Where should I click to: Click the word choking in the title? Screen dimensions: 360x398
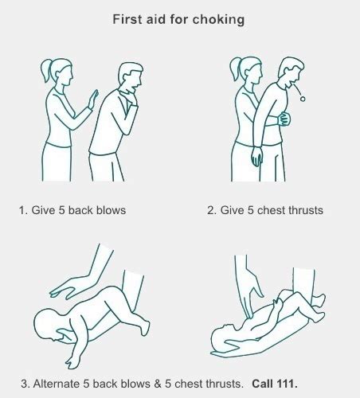pos(218,20)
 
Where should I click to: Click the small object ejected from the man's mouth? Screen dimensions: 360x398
pos(303,99)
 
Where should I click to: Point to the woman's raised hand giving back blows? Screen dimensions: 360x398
pos(93,99)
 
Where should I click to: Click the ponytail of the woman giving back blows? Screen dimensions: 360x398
pos(45,70)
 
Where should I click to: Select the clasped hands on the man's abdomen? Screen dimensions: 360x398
pos(284,119)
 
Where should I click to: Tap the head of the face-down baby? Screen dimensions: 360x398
pos(49,325)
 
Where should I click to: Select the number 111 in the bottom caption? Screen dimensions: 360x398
pos(287,384)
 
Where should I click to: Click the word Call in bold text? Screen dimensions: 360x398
pos(263,384)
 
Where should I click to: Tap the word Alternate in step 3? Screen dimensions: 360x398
pos(57,384)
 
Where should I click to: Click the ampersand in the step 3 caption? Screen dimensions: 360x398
pos(158,384)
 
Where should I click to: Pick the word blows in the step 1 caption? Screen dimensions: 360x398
pos(111,210)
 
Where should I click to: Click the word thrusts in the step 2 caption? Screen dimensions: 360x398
pos(306,210)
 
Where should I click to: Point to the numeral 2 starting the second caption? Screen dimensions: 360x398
pos(211,210)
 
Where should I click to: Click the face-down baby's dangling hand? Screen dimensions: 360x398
pos(72,361)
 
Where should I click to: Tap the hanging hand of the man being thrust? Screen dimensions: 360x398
pos(257,157)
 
